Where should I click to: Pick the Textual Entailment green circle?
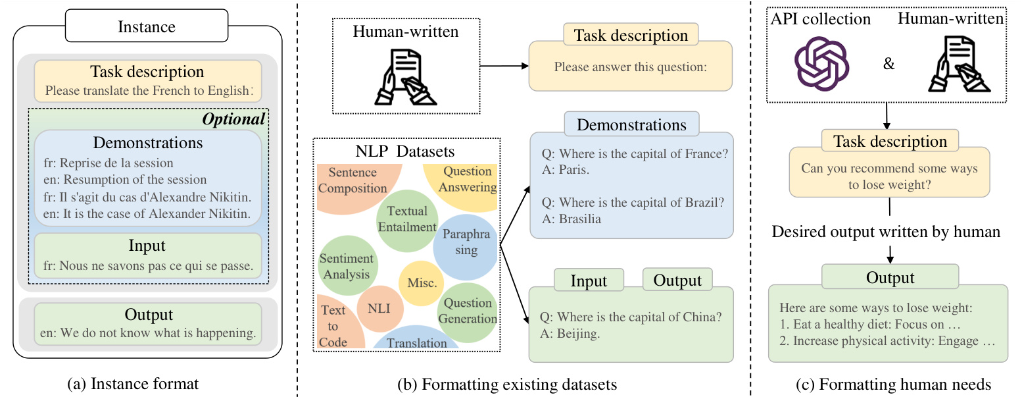pos(407,219)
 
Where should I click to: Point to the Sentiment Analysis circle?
pos(346,266)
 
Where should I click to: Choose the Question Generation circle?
pos(468,311)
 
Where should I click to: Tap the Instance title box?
pos(147,27)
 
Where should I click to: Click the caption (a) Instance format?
pos(147,383)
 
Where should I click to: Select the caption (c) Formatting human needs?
pos(887,383)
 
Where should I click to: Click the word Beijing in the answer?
pos(577,334)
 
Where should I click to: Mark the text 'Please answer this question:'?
pos(629,66)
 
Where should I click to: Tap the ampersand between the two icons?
pos(888,65)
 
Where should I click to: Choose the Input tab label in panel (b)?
pos(589,281)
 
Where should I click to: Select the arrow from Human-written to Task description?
pos(504,66)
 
